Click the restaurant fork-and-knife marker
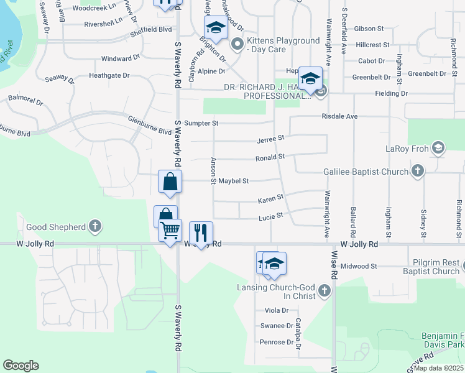[201, 233]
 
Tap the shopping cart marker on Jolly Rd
[170, 230]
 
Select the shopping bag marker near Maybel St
[170, 182]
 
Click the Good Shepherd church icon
[94, 227]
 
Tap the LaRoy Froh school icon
[438, 147]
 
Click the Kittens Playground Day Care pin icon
[237, 44]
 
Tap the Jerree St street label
[272, 137]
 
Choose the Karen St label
[271, 198]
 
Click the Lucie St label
[271, 216]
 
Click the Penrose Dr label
[277, 342]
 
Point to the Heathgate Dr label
[109, 75]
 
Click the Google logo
[21, 365]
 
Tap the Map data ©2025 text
[438, 368]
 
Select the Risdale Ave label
[340, 116]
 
